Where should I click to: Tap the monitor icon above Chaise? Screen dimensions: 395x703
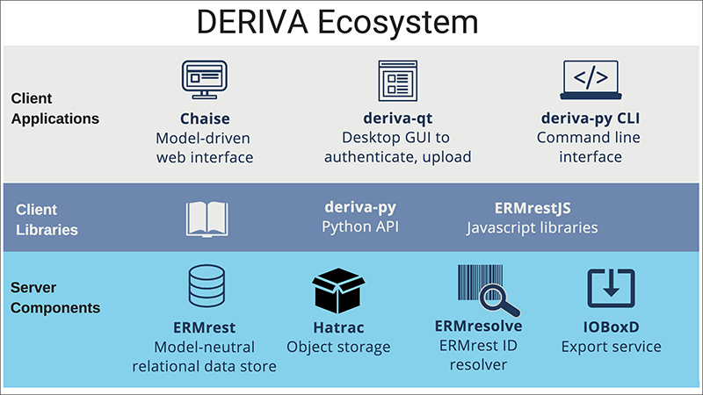coord(204,81)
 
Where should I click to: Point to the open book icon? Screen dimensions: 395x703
coord(207,218)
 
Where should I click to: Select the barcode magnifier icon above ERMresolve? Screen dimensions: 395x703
coord(487,291)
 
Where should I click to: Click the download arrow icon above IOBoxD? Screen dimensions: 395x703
coord(612,289)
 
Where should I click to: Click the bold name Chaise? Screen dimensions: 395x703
coord(204,118)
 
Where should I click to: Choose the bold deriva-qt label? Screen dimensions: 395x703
coord(396,118)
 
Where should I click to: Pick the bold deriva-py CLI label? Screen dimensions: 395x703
coord(591,118)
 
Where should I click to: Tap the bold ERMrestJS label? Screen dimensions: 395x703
coord(532,209)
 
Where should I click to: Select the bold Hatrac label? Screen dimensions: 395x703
coord(338,328)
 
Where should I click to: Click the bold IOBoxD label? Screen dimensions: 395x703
coord(611,327)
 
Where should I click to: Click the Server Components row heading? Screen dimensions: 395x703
coord(55,298)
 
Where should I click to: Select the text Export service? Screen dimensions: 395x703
coord(611,347)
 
